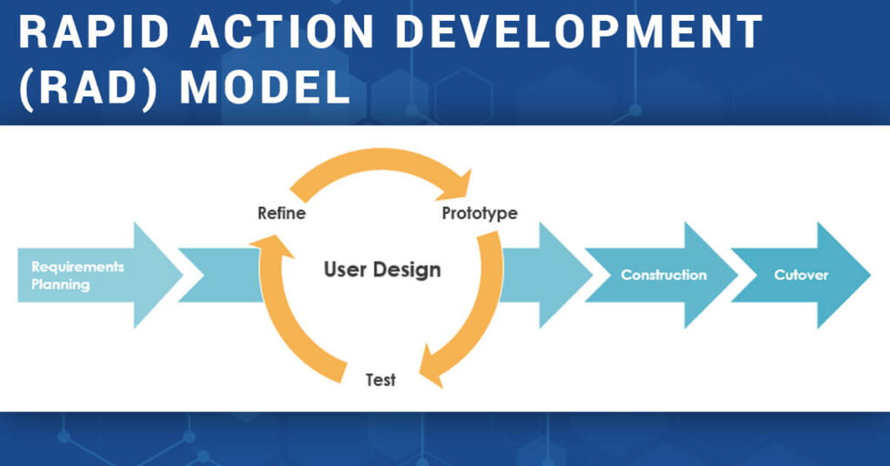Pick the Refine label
pos(281,213)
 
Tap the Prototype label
pos(480,213)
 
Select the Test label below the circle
pos(381,380)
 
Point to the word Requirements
pos(77,266)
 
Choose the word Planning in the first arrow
pos(60,284)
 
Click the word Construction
pos(663,275)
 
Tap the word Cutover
pos(800,275)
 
